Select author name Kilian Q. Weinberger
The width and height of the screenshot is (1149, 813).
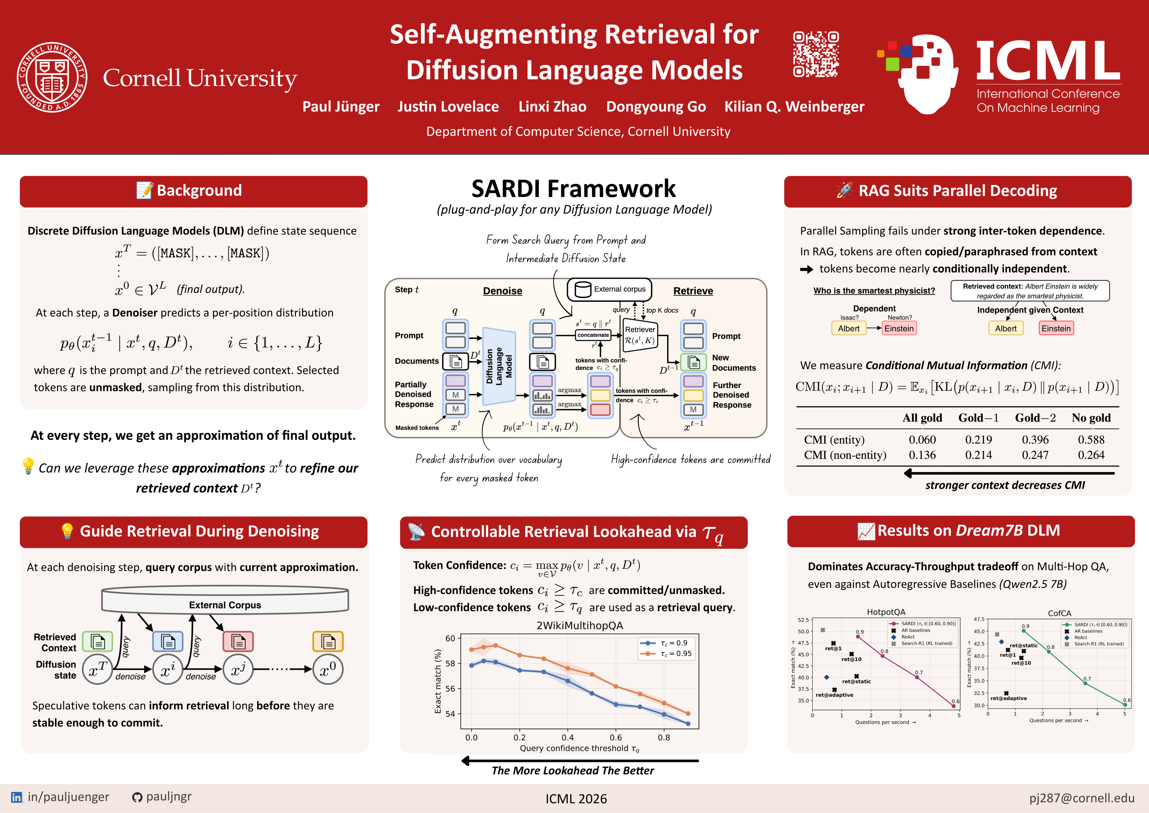[794, 107]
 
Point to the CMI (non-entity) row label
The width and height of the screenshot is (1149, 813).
[845, 455]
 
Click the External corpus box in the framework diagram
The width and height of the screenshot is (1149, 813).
[609, 289]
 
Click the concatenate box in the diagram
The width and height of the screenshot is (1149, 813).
[593, 335]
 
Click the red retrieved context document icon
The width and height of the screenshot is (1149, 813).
[238, 641]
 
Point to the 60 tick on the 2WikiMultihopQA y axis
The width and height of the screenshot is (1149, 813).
[450, 638]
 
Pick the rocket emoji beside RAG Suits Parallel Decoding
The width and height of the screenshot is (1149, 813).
[844, 190]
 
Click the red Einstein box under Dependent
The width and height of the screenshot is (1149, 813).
[899, 328]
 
